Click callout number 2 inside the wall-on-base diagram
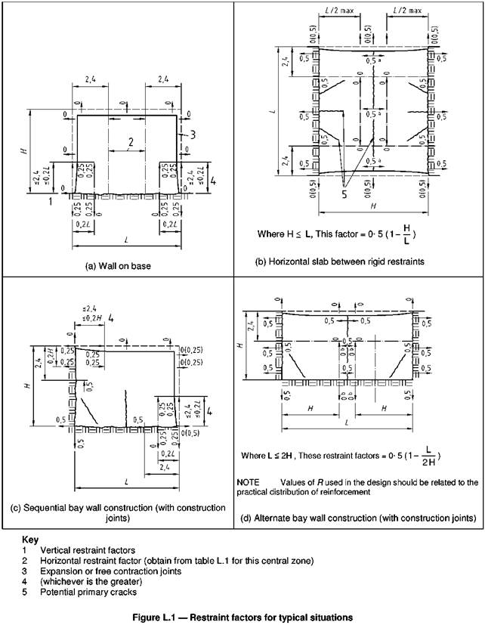131,141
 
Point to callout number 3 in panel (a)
193,134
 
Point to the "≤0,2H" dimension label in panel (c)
89,320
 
